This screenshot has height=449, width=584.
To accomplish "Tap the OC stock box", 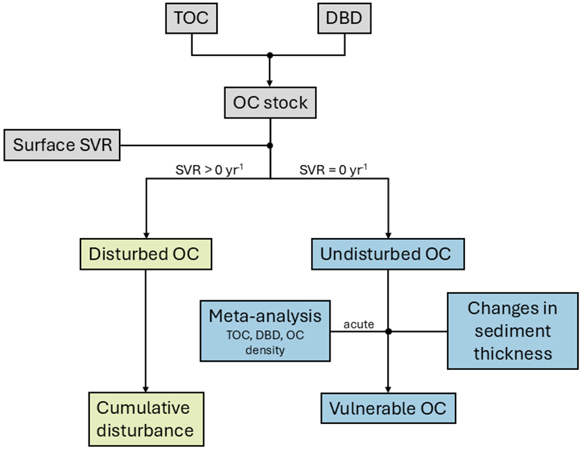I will [x=270, y=103].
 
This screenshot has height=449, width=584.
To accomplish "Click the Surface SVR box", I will [x=62, y=146].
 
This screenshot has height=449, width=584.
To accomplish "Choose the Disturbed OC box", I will [x=146, y=255].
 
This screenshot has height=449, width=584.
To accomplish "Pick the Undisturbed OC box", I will [x=389, y=255].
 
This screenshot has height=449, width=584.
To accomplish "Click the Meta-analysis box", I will [x=264, y=331].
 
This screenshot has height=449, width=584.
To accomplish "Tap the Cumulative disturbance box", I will [x=146, y=419].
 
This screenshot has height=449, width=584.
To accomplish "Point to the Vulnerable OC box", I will [x=388, y=409].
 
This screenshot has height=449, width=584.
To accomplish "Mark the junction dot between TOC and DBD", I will [x=270, y=54].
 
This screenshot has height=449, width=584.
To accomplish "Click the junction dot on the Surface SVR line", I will [x=270, y=145].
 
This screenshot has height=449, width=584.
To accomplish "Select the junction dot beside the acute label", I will [x=388, y=331].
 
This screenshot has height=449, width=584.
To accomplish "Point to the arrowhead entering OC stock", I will [x=270, y=82].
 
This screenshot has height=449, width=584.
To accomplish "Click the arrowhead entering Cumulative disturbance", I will [x=146, y=387].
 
